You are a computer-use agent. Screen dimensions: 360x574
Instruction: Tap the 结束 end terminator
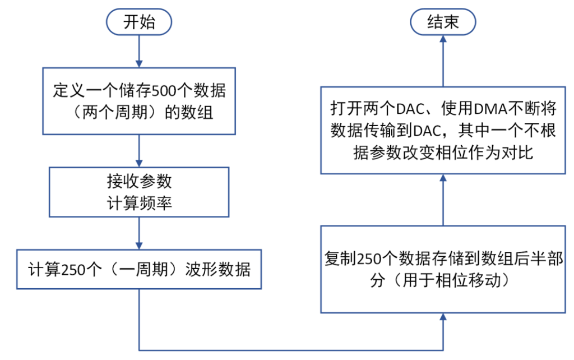pyautogui.click(x=443, y=22)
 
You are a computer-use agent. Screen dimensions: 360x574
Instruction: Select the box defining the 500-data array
pyautogui.click(x=139, y=101)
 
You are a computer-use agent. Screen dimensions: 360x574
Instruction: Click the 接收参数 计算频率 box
pyautogui.click(x=139, y=192)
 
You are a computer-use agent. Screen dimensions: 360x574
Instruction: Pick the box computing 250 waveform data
pyautogui.click(x=139, y=269)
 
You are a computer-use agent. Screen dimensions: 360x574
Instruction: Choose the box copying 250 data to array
pyautogui.click(x=443, y=269)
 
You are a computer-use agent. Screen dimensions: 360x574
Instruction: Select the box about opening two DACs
pyautogui.click(x=443, y=130)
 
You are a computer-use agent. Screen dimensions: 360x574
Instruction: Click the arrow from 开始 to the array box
pyautogui.click(x=139, y=53)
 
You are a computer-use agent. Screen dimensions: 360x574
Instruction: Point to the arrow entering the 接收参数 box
pyautogui.click(x=139, y=150)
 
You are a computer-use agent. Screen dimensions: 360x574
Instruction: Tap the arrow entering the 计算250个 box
pyautogui.click(x=139, y=233)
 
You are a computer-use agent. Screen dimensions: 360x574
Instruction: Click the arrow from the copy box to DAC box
pyautogui.click(x=443, y=199)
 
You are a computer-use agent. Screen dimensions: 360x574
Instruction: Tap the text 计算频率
pyautogui.click(x=139, y=203)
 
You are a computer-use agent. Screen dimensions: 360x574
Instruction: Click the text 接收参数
pyautogui.click(x=139, y=181)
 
